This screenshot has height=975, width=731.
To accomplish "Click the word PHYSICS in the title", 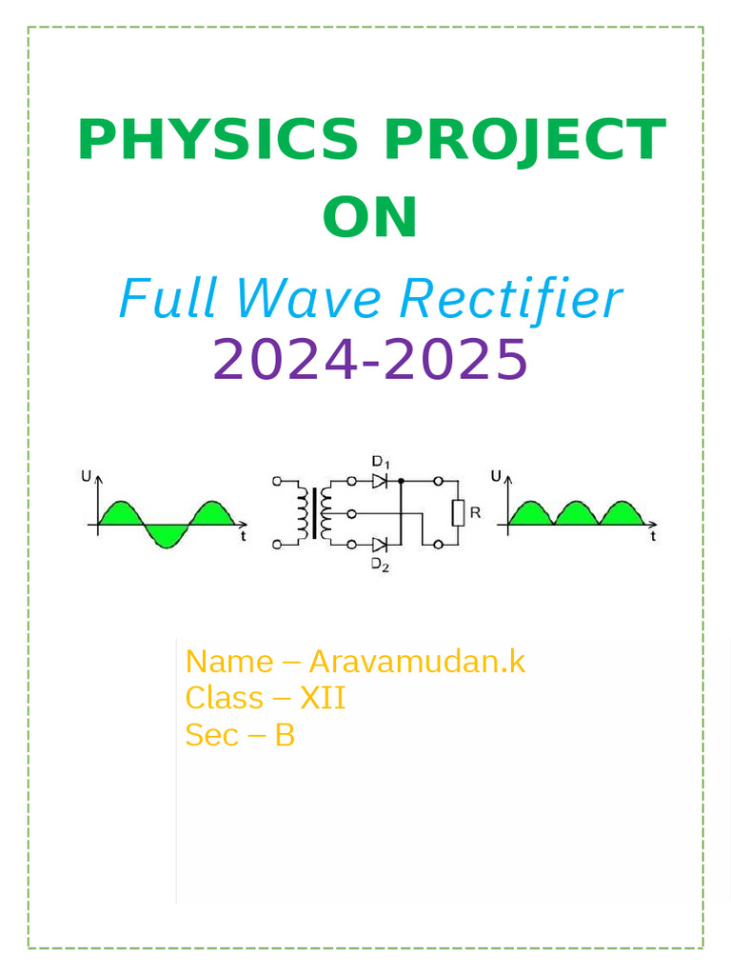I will [x=219, y=140].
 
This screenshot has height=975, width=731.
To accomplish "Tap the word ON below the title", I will [x=370, y=218].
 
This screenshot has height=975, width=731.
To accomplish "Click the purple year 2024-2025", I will [x=370, y=359].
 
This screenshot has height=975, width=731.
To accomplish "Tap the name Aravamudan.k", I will [x=417, y=661].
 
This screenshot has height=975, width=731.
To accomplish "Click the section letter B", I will [x=285, y=735].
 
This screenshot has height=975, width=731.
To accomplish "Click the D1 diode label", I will [x=381, y=463].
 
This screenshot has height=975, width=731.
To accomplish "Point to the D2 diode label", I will [x=381, y=566].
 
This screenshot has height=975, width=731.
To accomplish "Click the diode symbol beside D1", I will [x=381, y=482].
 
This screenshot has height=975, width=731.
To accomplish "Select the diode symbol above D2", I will [x=381, y=545].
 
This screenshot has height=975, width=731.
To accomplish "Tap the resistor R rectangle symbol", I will [x=458, y=513].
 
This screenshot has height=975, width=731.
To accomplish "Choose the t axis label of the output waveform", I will [x=654, y=537].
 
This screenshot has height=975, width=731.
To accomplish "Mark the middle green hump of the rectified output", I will [x=575, y=514].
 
